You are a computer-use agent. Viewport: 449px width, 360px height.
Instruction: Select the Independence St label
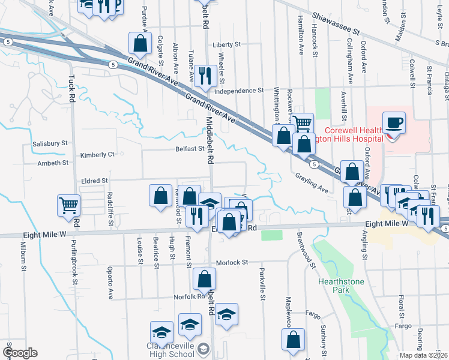pyautogui.click(x=239, y=91)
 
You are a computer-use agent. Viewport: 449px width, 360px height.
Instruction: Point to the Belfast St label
pyautogui.click(x=190, y=149)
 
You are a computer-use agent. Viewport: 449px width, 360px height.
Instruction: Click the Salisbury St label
pyautogui.click(x=50, y=144)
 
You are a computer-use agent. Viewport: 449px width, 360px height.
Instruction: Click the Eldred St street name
pyautogui.click(x=95, y=180)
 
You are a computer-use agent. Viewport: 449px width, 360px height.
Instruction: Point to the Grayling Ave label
pyautogui.click(x=312, y=182)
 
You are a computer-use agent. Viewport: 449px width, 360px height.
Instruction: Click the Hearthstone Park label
pyautogui.click(x=341, y=285)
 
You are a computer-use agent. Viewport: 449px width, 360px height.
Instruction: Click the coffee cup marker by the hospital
pyautogui.click(x=394, y=122)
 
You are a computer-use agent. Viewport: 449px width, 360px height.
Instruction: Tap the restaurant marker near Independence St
pyautogui.click(x=205, y=76)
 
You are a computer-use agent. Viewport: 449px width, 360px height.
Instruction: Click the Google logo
pyautogui.click(x=20, y=353)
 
